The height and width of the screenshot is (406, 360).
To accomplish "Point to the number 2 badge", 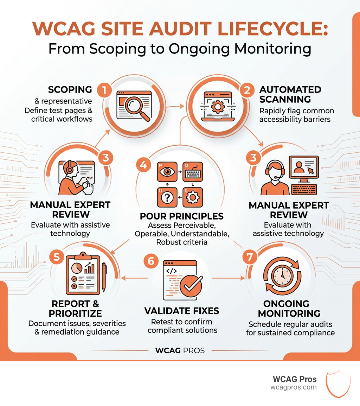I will coord(247,90).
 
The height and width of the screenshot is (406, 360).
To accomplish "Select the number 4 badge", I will coord(143,165).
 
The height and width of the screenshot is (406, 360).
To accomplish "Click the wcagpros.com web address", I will coord(293,387).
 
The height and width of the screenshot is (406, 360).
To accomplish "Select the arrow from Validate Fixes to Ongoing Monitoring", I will coord(229,278).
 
